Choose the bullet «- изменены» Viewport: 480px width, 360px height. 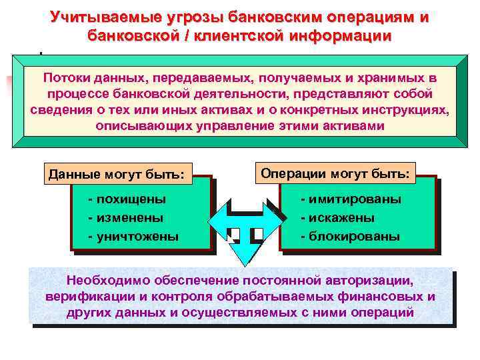pos(125,217)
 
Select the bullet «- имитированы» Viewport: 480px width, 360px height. pos(351,199)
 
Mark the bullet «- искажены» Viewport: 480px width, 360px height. pos(337,217)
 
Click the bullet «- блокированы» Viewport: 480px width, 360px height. pos(349,235)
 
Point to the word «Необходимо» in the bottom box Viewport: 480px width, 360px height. pos(106,281)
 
